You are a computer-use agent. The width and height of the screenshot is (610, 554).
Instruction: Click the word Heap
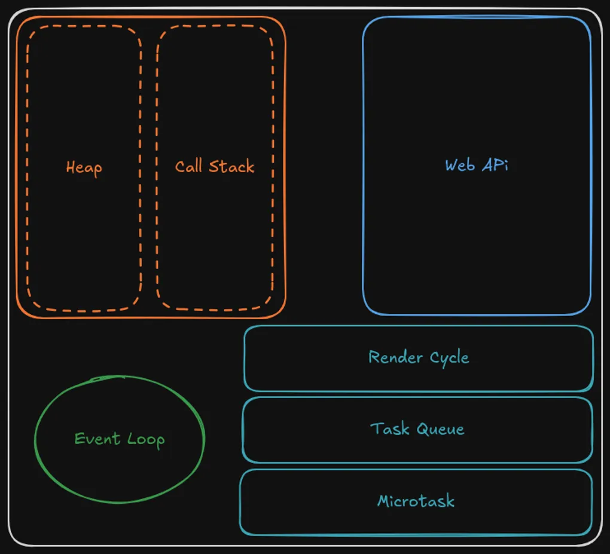click(x=84, y=167)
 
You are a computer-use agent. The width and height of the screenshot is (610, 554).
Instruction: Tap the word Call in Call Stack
click(x=188, y=166)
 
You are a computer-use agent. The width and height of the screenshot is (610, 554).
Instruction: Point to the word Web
click(x=459, y=165)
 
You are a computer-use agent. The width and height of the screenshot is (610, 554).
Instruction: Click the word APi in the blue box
click(x=495, y=165)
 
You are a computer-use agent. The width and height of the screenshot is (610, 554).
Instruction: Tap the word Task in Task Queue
click(x=389, y=428)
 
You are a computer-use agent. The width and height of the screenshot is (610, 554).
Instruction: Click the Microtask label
click(x=416, y=501)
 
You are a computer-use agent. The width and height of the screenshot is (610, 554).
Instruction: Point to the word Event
click(x=97, y=439)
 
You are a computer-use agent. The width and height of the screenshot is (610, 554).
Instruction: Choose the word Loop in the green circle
click(x=146, y=440)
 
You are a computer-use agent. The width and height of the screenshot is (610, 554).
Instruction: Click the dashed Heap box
click(x=84, y=239)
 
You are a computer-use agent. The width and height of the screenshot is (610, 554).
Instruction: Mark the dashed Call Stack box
click(x=215, y=239)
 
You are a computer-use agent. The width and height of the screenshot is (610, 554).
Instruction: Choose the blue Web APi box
click(x=477, y=239)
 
